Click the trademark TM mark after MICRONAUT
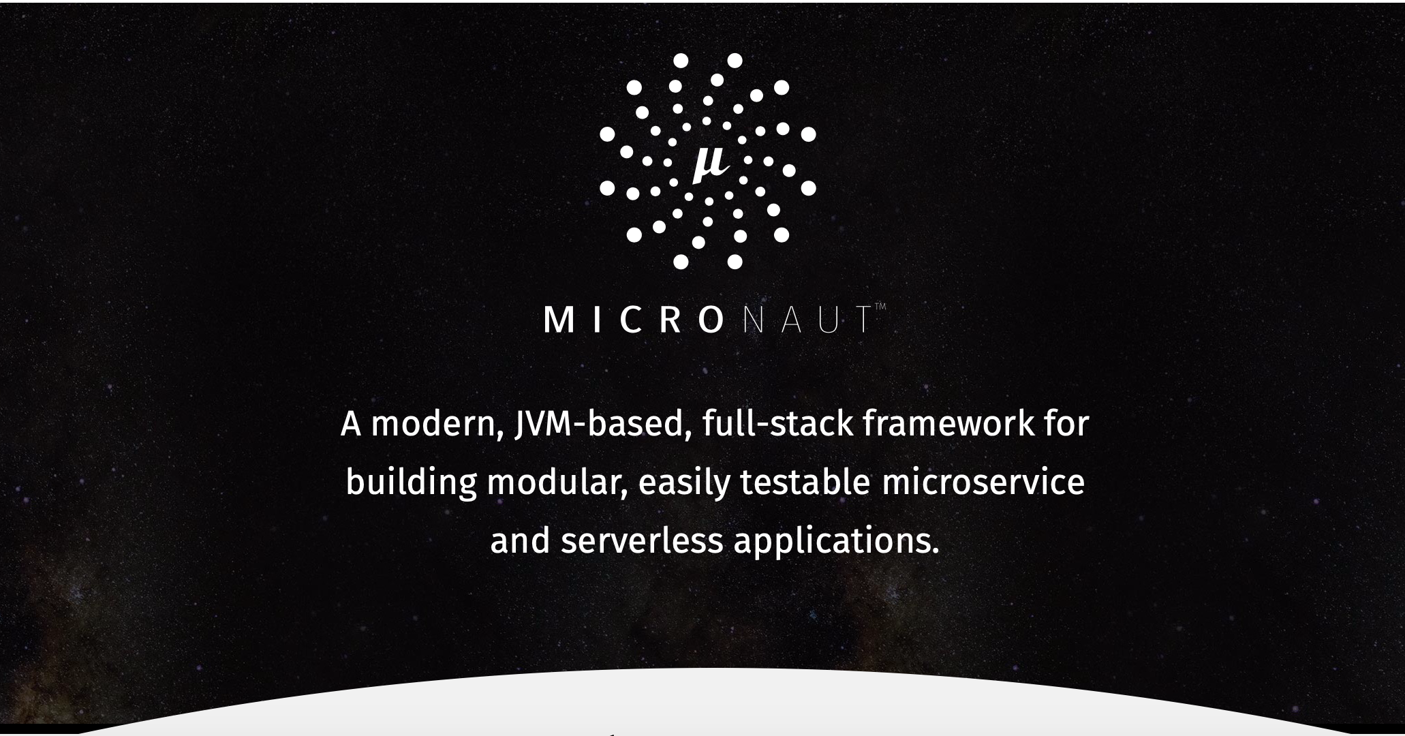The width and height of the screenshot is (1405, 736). (x=880, y=307)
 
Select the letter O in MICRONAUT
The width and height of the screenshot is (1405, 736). (x=711, y=320)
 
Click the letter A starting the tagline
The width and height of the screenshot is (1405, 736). (x=350, y=424)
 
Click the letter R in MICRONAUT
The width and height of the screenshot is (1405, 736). (x=671, y=320)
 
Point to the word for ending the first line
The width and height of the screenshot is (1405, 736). (x=1067, y=424)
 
